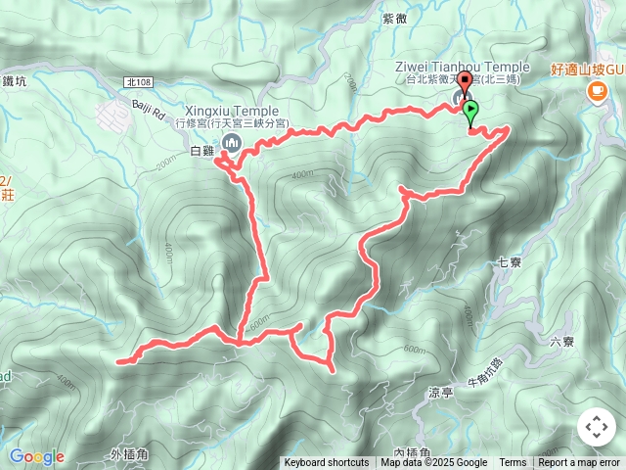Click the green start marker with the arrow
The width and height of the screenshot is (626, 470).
tap(471, 111)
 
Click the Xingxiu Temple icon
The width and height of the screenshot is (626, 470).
tap(231, 144)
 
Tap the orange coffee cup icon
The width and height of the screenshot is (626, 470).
tap(596, 91)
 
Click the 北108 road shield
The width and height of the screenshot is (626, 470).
tap(141, 85)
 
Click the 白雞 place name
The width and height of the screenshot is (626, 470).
tap(201, 151)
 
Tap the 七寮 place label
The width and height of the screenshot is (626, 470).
tap(510, 261)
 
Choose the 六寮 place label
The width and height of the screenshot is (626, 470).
tap(561, 342)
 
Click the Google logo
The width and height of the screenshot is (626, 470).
tap(36, 456)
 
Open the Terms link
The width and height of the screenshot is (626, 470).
tap(513, 463)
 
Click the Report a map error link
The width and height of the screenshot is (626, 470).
tap(579, 463)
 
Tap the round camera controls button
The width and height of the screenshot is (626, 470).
tap(596, 427)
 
